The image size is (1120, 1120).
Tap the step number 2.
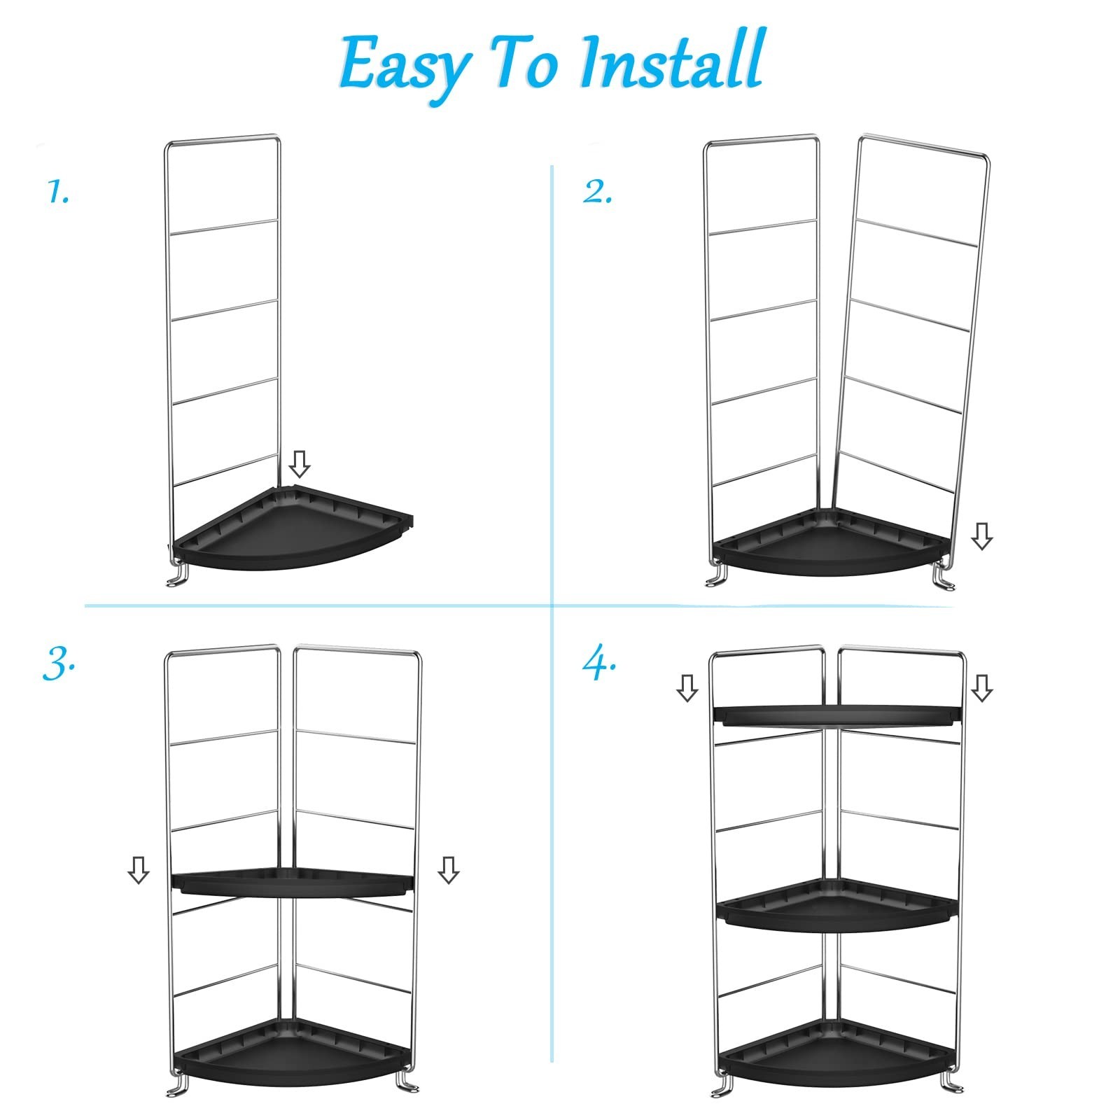point(597,192)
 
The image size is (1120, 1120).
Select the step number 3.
point(59,664)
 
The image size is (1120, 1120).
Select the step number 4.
point(599,664)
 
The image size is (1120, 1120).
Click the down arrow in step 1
point(300,463)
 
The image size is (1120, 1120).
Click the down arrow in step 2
point(982,536)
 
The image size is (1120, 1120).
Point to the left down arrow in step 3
point(139,869)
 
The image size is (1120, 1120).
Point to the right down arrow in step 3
point(448,869)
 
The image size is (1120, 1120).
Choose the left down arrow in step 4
point(687,687)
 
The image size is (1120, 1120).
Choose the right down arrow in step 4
point(982,687)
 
